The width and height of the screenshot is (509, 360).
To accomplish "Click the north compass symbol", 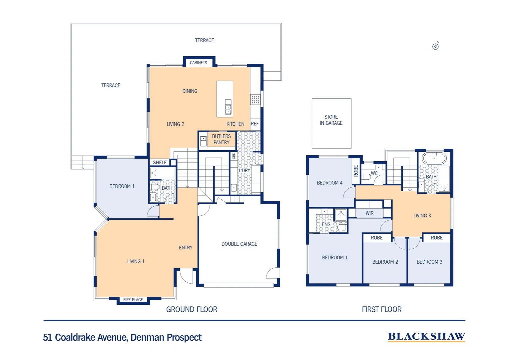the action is coord(435,46).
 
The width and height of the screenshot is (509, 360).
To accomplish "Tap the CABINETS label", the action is coord(199,63).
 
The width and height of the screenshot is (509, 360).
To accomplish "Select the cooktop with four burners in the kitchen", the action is coord(255,100).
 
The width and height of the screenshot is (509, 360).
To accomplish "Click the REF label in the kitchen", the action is coord(255,124).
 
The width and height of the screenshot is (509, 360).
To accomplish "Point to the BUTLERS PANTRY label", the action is coord(221,139).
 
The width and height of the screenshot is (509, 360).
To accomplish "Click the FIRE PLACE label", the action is coord(133,300).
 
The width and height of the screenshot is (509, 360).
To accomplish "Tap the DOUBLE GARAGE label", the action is coord(239,244).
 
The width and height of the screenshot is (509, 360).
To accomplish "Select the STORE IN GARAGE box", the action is coord(331,123).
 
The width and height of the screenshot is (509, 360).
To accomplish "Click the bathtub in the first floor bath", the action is coord(434,158).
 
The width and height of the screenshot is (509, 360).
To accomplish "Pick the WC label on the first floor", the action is coord(374,173).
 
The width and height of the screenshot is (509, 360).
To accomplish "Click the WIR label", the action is coord(369,213).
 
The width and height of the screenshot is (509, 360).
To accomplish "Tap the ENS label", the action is coord(326,224).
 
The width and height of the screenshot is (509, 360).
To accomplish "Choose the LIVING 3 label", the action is coord(422,216).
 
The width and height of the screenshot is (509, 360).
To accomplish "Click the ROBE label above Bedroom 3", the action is coord(437,238).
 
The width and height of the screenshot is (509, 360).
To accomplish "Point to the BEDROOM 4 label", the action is coord(329,183).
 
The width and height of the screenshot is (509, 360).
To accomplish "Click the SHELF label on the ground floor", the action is coord(160,163).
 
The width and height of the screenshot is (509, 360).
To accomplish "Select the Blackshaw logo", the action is coord(427,337).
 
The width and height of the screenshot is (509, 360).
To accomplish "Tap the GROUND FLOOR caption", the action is coord(192,309).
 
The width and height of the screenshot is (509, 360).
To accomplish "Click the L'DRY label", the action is coord(244,171).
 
